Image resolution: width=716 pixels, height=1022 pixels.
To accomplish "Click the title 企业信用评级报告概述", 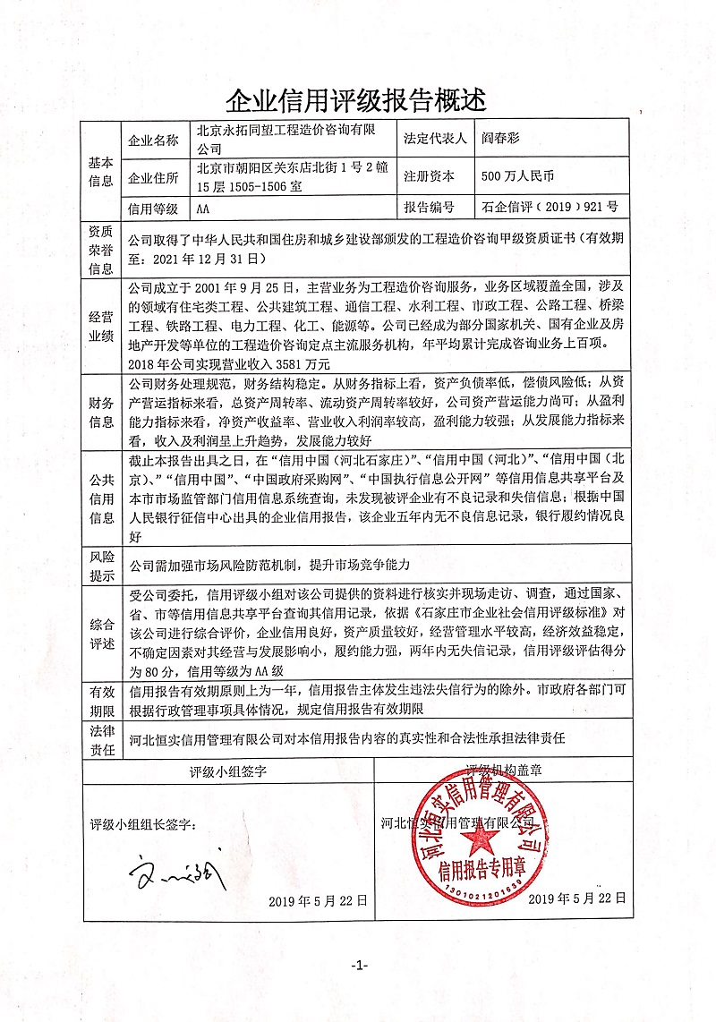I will (357, 96).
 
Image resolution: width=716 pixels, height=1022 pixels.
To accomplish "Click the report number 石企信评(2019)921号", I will (549, 208).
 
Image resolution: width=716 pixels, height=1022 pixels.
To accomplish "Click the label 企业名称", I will (154, 141).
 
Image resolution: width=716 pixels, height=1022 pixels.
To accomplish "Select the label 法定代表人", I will (436, 140).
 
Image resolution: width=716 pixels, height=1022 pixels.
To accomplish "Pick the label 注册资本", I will (430, 176).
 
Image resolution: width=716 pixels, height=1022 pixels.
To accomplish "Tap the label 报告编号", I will (430, 208).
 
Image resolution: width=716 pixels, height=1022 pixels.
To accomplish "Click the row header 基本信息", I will (101, 172).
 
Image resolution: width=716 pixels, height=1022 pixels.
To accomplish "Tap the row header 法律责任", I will (101, 740).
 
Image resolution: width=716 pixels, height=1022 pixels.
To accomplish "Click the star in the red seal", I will (483, 837).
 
